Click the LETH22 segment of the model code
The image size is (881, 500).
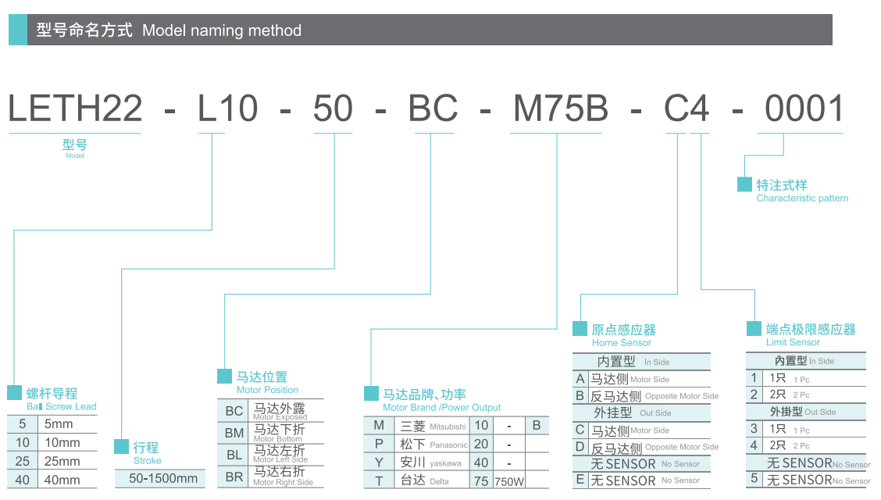(75, 109)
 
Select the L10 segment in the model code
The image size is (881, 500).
(227, 109)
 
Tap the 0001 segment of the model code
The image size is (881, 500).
(804, 109)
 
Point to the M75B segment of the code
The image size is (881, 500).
(560, 109)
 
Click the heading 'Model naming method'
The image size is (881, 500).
(222, 31)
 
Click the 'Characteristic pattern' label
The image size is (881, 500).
(802, 198)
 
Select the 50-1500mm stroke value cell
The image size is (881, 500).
(163, 478)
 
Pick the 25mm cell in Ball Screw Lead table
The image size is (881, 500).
(62, 461)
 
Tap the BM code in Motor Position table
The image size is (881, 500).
(234, 432)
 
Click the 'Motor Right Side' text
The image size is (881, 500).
(283, 483)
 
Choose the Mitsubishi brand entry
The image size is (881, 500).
(448, 427)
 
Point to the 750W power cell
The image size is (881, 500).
(508, 481)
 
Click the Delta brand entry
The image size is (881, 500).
(440, 481)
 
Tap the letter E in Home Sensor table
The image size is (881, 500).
(580, 480)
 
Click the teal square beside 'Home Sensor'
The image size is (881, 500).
(580, 328)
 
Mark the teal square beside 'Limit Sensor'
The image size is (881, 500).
(754, 328)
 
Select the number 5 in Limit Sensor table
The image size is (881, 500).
(754, 479)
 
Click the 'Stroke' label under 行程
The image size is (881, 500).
(147, 461)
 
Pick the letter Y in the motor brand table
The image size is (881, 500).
(380, 462)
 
